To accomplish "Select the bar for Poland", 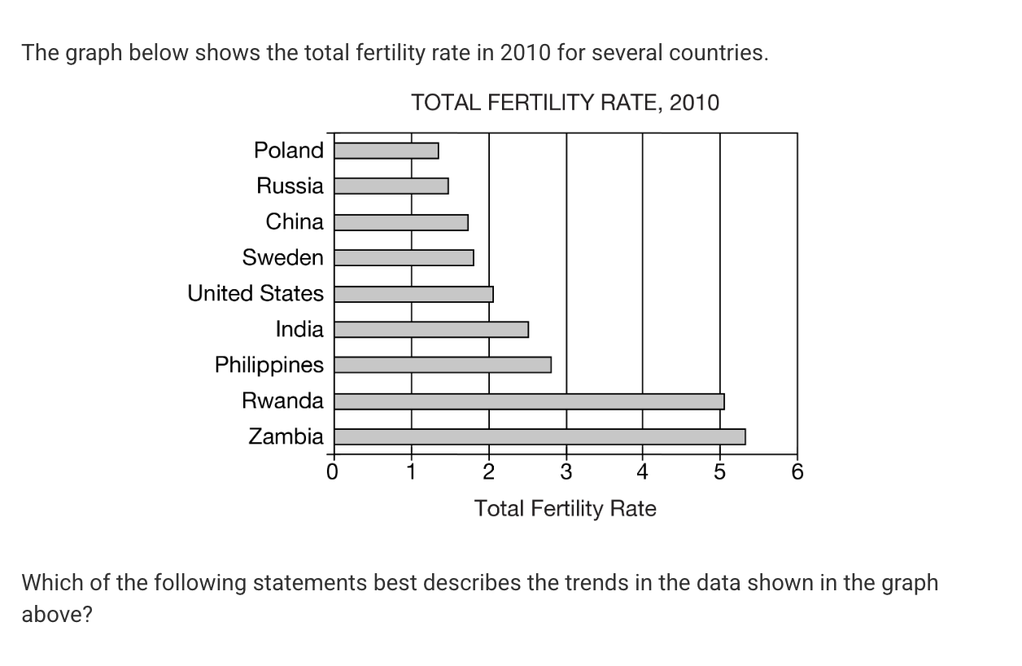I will click(x=387, y=151).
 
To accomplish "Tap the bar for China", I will click(x=402, y=222).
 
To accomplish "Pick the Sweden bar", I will click(x=404, y=258).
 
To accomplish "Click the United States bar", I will click(x=414, y=294).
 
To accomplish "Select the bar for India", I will click(x=432, y=330).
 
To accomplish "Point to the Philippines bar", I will click(x=443, y=365).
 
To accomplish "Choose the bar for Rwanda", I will click(x=530, y=401).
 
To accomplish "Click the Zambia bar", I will click(x=540, y=437).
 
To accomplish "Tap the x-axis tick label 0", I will click(x=331, y=471).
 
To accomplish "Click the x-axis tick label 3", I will click(x=566, y=471).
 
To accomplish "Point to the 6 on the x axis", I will click(x=797, y=471).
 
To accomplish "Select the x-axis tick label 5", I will click(x=719, y=471).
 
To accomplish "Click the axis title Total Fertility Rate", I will click(x=566, y=509).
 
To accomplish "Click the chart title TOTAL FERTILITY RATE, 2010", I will click(x=566, y=103).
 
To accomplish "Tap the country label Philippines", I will click(x=269, y=365).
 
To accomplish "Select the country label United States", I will click(x=255, y=293).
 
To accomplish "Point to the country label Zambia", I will click(x=286, y=436).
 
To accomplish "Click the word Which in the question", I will click(x=50, y=583).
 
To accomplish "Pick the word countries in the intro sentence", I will click(x=717, y=54).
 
